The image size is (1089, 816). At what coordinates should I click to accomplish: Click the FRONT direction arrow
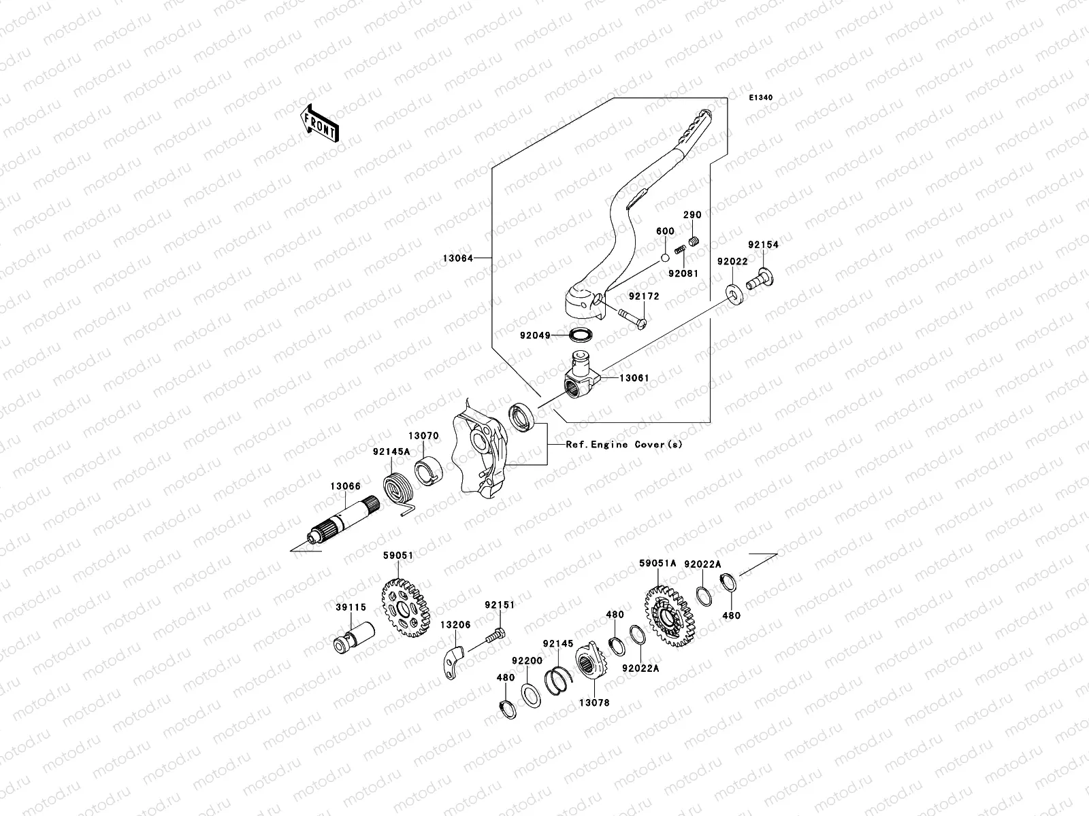pos(321,122)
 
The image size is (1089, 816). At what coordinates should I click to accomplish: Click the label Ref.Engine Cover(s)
pos(623,444)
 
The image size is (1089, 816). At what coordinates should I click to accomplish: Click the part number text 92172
pos(643,296)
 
